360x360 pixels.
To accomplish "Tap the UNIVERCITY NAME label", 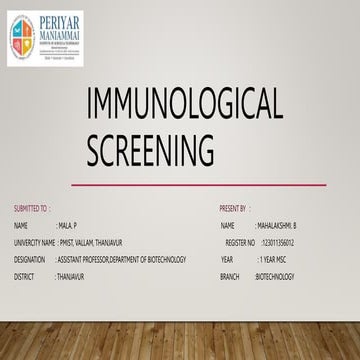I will click(x=35, y=242).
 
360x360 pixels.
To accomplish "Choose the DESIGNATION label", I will click(x=30, y=259).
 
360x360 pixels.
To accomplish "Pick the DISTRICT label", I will click(x=25, y=275).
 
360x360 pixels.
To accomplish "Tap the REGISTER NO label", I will click(x=241, y=242).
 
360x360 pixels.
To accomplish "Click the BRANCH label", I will click(x=230, y=275).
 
